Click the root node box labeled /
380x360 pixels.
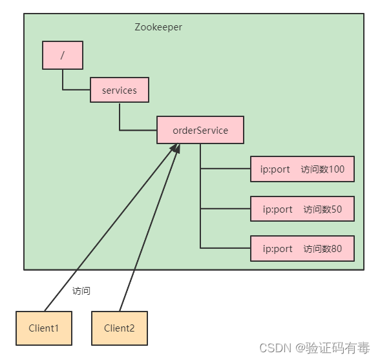coord(63,56)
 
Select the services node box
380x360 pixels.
coord(120,90)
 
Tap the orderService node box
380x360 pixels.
coord(200,130)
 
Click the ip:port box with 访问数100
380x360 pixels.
coord(302,169)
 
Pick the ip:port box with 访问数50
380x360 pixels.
coord(302,209)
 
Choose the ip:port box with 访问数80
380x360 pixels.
coord(302,248)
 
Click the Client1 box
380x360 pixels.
coord(44,328)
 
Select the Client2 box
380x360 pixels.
coord(120,328)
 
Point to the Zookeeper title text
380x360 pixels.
coord(158,27)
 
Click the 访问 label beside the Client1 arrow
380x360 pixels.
coord(81,291)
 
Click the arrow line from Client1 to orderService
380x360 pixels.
coord(111,228)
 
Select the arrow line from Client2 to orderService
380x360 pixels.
coord(149,228)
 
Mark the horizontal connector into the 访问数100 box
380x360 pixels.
coord(226,169)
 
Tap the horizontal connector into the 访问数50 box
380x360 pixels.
coord(226,208)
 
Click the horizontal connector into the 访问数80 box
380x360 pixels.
coord(226,248)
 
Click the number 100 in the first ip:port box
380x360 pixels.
coord(336,169)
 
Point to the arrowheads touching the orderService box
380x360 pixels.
coord(176,148)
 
